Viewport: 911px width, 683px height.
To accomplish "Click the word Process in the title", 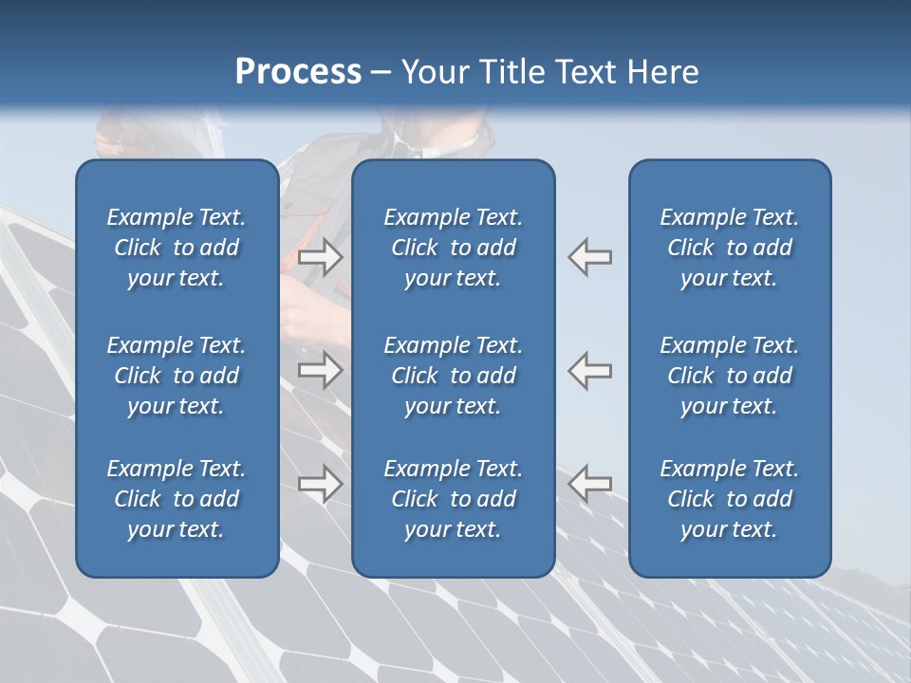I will pyautogui.click(x=298, y=72).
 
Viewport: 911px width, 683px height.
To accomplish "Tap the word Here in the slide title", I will pyautogui.click(x=663, y=72).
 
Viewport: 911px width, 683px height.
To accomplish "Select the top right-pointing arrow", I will pyautogui.click(x=320, y=257).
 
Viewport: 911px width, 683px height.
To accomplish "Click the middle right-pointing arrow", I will pyautogui.click(x=320, y=371).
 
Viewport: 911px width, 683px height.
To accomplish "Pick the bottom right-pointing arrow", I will pyautogui.click(x=320, y=484).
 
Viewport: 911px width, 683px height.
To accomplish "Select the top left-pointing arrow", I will pyautogui.click(x=590, y=257).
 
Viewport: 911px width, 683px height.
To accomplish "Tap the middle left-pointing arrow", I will pyautogui.click(x=590, y=371).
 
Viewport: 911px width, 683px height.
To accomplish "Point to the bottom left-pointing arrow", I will pyautogui.click(x=590, y=484).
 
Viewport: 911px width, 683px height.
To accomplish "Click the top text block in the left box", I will pyautogui.click(x=177, y=248).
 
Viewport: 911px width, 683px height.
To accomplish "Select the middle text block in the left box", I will pyautogui.click(x=177, y=376).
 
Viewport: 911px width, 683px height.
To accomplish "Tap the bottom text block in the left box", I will pyautogui.click(x=177, y=499).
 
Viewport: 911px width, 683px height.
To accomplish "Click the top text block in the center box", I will pyautogui.click(x=453, y=248).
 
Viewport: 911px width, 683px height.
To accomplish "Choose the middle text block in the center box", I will pyautogui.click(x=453, y=376).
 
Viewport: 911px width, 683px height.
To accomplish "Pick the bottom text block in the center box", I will pyautogui.click(x=453, y=499).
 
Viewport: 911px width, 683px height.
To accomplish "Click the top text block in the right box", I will pyautogui.click(x=729, y=248).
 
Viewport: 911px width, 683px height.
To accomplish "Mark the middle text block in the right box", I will pyautogui.click(x=729, y=376).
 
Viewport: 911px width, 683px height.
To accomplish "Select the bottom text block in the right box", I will pyautogui.click(x=729, y=499).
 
